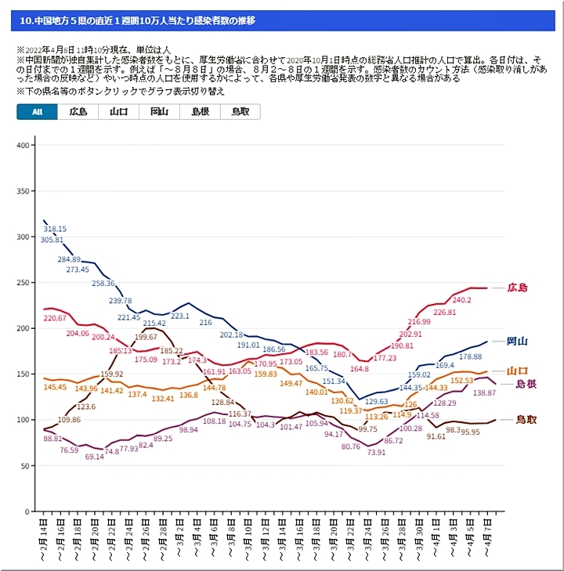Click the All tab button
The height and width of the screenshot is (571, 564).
tap(37, 112)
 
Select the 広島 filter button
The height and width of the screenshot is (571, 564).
tap(78, 112)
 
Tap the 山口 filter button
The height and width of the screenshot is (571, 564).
tap(119, 112)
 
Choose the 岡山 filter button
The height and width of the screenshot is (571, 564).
tap(159, 112)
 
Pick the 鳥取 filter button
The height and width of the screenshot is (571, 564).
tap(240, 112)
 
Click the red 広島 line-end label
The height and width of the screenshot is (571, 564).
tap(517, 287)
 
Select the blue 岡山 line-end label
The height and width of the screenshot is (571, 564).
tap(517, 341)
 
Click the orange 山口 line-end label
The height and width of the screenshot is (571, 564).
tap(517, 370)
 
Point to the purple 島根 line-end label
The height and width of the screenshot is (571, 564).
tap(525, 384)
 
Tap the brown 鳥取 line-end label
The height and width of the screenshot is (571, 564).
tap(526, 420)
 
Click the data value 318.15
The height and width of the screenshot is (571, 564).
tap(55, 229)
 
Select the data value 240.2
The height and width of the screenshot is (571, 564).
tap(461, 301)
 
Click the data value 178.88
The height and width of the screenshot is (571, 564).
tap(470, 356)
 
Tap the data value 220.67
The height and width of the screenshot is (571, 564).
tap(55, 318)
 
